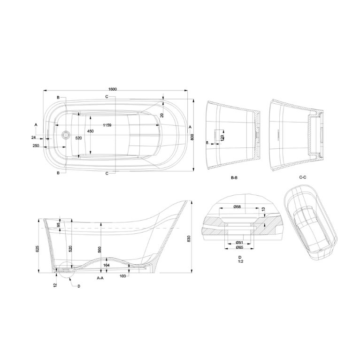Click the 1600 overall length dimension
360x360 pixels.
[x=113, y=89]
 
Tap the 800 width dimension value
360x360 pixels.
[x=192, y=137]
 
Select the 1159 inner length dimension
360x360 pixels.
[x=107, y=125]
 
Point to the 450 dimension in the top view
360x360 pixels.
[x=91, y=131]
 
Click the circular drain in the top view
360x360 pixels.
[x=66, y=135]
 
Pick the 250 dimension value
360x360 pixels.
[x=36, y=146]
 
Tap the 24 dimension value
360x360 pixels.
[x=33, y=138]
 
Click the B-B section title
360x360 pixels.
[x=234, y=178]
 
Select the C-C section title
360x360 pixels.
[x=303, y=177]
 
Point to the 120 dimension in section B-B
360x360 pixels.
[x=222, y=138]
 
